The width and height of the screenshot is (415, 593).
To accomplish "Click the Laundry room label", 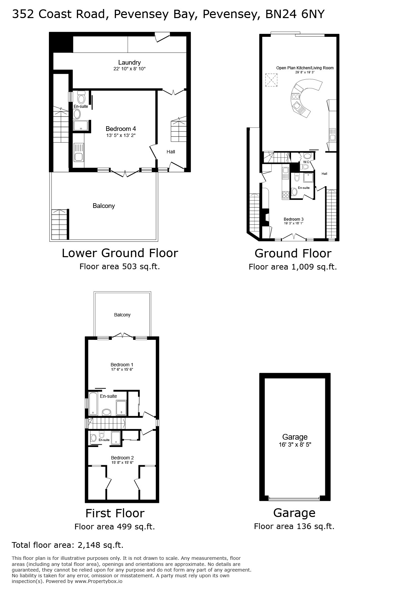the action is tap(129, 62).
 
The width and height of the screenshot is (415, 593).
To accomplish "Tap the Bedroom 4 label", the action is tap(121, 129).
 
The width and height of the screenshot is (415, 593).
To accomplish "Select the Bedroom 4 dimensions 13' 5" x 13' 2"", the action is tap(121, 135).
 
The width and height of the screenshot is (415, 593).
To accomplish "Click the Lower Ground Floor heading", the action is tap(120, 253).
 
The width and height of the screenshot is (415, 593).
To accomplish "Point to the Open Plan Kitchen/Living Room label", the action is tap(305, 68).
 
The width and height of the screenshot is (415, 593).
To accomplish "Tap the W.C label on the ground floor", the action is tap(306, 162).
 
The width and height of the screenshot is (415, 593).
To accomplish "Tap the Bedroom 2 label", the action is tap(122, 458).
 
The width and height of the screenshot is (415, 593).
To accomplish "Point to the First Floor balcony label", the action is tap(122, 315).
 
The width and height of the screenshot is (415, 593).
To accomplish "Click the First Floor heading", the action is tap(115, 513).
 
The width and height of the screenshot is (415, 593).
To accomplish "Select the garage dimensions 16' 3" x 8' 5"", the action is tap(295, 445).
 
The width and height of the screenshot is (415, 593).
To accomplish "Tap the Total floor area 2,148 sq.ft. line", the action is tap(68, 545).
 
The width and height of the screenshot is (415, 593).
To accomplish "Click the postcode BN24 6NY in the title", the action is tap(295, 14).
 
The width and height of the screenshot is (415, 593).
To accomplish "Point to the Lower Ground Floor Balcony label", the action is tap(104, 206).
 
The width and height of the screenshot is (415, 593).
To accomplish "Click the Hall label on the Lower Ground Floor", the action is tap(171, 152).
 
